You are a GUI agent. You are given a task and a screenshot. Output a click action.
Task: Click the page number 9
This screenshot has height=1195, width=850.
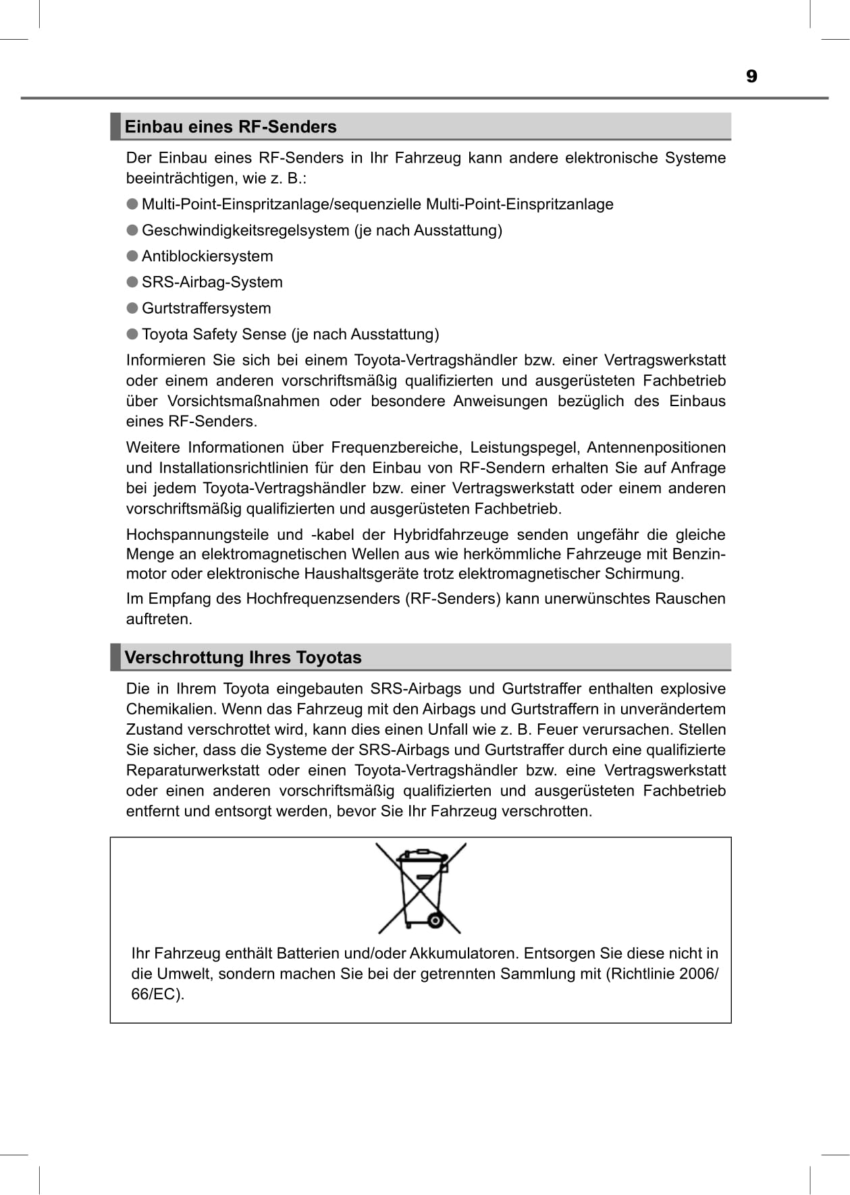(751, 76)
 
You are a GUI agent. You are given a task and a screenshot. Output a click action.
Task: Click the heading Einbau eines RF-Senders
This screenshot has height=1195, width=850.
(230, 127)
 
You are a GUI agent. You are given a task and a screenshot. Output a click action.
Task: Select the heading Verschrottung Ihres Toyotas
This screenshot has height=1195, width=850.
(242, 657)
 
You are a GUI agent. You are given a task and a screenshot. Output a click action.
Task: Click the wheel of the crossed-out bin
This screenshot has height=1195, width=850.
(435, 920)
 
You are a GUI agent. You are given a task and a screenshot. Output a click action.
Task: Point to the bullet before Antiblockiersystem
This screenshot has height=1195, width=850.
(132, 256)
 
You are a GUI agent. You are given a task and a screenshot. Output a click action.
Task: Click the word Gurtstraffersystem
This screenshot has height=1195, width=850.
(206, 308)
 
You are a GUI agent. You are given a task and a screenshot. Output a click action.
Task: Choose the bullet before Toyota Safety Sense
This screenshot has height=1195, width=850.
(132, 334)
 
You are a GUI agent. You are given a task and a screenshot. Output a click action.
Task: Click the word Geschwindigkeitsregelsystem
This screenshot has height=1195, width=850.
(246, 231)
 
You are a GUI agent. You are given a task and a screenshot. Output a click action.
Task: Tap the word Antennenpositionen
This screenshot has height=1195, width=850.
(656, 447)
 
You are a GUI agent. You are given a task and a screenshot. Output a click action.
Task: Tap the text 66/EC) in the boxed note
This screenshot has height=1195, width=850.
(157, 994)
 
